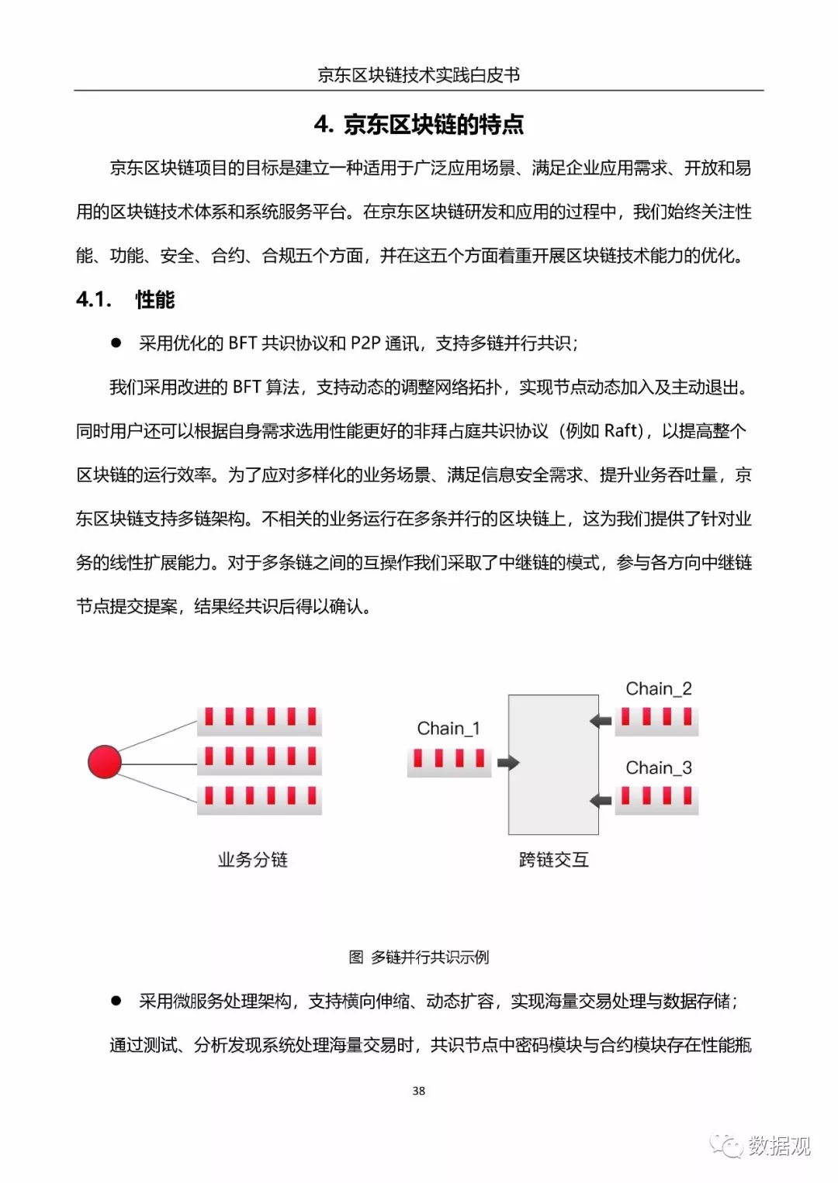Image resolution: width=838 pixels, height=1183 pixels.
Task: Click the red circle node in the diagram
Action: [105, 761]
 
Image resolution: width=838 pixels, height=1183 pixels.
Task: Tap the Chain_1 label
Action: [448, 729]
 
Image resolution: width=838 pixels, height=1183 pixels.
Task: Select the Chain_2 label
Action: [658, 689]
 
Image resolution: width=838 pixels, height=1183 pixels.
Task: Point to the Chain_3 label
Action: [658, 768]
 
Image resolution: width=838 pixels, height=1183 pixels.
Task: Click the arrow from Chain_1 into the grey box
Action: [508, 763]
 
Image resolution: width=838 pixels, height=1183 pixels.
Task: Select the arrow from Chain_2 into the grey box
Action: [601, 721]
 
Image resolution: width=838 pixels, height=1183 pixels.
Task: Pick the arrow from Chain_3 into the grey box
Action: [601, 800]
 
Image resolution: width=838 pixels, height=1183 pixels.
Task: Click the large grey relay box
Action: [553, 764]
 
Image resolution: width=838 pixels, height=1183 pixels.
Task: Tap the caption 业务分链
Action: [253, 860]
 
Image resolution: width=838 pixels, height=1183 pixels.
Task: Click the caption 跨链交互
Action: [553, 860]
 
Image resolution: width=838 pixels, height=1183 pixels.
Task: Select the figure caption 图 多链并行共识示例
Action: [419, 957]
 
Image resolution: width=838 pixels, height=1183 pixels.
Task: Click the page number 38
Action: [419, 1091]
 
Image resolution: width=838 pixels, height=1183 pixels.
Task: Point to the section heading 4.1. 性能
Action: [126, 300]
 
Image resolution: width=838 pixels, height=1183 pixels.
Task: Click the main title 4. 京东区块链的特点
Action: [419, 125]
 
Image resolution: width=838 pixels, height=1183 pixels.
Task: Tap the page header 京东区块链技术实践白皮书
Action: [419, 75]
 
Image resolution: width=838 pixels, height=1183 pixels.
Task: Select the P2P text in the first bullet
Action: [365, 343]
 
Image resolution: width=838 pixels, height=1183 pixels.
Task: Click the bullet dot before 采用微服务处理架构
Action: [116, 1001]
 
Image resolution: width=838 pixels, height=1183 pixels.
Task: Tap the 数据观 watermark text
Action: [779, 1146]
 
